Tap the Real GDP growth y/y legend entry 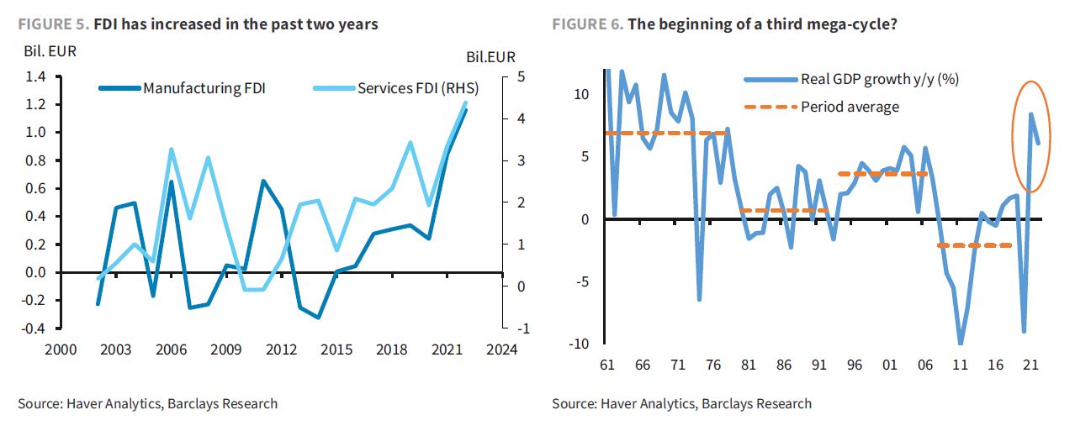point(880,80)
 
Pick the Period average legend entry point(850,107)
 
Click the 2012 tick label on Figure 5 point(280,350)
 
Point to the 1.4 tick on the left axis point(34,77)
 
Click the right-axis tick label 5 point(521,77)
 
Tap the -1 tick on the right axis point(522,329)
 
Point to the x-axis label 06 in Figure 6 point(924,366)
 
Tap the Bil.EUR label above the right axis point(491,57)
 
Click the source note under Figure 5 point(147,404)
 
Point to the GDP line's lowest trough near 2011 point(960,343)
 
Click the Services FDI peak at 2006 point(172,150)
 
